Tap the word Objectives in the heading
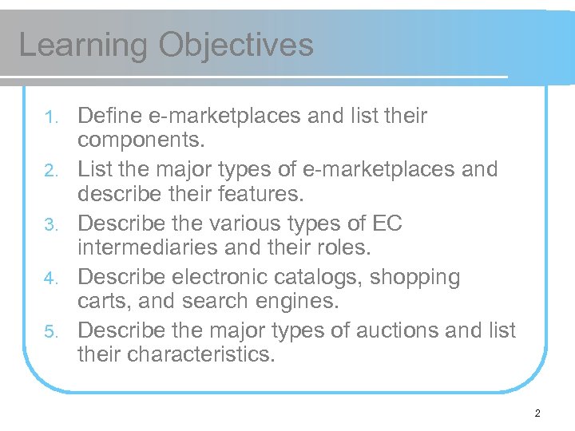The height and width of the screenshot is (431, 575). tap(236, 45)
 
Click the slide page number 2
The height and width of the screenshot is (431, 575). tap(537, 413)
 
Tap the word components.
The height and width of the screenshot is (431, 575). tap(141, 140)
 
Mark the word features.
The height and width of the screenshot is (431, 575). tap(253, 194)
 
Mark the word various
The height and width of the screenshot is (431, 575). tap(255, 223)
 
